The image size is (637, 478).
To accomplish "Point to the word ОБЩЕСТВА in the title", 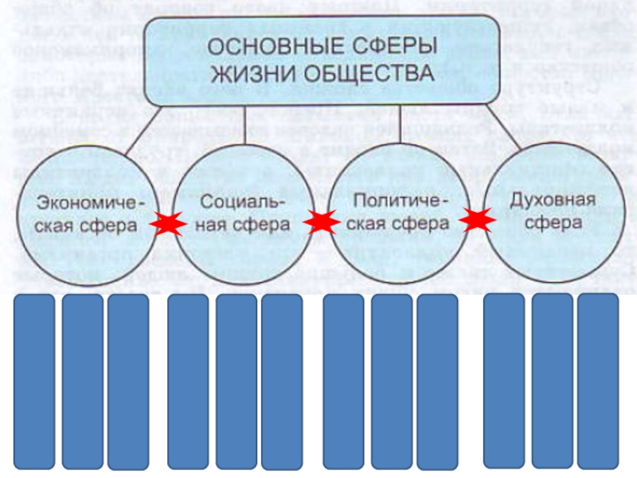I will click(x=369, y=73).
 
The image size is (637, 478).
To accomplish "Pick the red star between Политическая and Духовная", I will click(x=478, y=218).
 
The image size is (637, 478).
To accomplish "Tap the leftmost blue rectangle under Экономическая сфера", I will click(x=35, y=382).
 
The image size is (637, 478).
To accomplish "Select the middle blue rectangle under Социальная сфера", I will click(x=236, y=382).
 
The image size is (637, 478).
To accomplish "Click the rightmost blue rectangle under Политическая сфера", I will click(x=437, y=382).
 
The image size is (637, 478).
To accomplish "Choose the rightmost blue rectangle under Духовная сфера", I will click(x=598, y=381).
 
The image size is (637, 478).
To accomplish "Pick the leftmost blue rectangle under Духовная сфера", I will click(x=505, y=381).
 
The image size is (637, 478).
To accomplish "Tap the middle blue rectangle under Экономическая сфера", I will click(x=82, y=382).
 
